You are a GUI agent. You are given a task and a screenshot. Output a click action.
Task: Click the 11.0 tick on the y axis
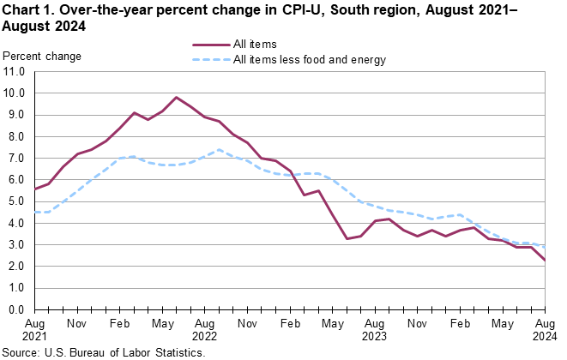tap(14, 71)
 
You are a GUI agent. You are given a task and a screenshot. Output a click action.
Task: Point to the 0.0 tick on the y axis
tap(16, 310)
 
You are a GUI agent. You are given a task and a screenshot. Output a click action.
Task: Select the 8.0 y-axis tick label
tap(16, 136)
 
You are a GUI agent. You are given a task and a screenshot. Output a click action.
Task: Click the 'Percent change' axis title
tap(43, 57)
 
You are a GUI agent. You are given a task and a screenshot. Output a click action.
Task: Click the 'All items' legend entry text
tap(254, 44)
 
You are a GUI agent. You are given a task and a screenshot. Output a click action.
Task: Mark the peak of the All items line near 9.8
tap(176, 97)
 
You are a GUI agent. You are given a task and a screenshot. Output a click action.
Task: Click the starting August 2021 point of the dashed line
tap(33, 212)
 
